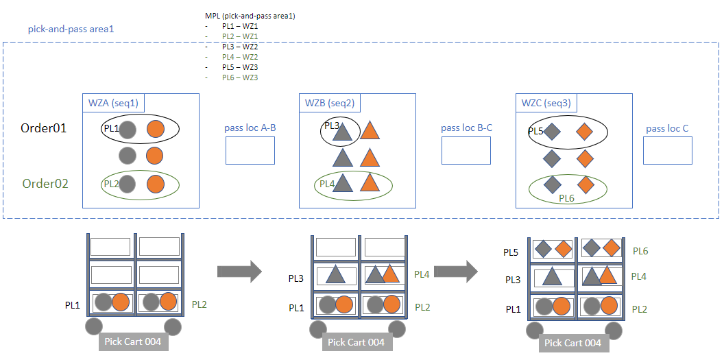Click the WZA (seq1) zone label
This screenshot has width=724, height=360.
click(x=113, y=104)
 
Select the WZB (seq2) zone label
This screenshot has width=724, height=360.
click(x=330, y=104)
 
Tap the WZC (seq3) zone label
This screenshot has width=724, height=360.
click(x=546, y=104)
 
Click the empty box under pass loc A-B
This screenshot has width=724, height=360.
click(x=250, y=151)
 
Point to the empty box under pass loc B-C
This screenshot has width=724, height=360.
click(x=466, y=151)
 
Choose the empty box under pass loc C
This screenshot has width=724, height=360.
click(x=667, y=151)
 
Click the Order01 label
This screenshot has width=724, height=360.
click(x=43, y=128)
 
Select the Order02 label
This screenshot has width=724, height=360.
click(x=45, y=184)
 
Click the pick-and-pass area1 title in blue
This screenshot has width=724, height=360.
click(x=71, y=29)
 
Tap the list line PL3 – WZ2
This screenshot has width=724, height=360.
click(x=240, y=47)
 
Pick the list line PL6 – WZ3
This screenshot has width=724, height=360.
click(x=240, y=77)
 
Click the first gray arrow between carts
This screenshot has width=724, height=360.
click(x=239, y=272)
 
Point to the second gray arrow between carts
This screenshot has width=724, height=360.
click(x=455, y=272)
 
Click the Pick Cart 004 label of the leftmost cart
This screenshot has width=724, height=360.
click(x=134, y=341)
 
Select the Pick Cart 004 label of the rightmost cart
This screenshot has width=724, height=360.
click(x=573, y=343)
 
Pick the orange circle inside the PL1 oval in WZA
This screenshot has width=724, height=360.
click(x=156, y=129)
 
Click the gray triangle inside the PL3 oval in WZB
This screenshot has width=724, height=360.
click(x=341, y=132)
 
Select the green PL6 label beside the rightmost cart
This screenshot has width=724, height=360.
click(x=640, y=252)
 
